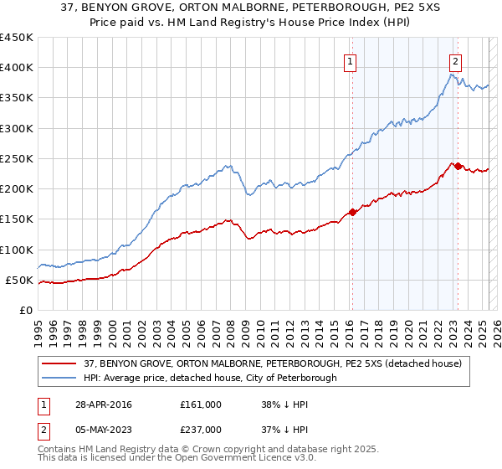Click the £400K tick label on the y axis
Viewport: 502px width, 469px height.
tap(17, 68)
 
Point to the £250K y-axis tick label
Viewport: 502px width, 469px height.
tap(17, 158)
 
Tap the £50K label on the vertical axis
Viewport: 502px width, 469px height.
tap(20, 280)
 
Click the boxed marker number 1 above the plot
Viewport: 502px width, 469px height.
tap(350, 61)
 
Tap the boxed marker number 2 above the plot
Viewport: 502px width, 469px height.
tap(455, 61)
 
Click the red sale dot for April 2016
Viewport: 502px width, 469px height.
tap(352, 212)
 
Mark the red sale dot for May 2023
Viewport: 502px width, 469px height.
tap(458, 166)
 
